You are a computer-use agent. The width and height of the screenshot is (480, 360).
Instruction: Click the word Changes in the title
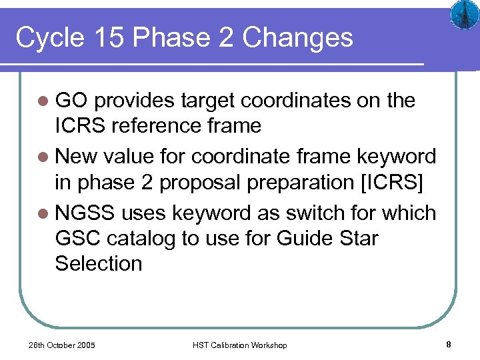297,38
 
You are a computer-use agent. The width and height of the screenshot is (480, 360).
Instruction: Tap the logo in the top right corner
461,15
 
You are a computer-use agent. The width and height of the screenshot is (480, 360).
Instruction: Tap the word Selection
99,263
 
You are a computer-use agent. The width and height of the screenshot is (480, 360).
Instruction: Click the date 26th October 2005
61,345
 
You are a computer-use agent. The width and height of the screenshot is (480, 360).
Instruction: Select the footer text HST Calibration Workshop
239,345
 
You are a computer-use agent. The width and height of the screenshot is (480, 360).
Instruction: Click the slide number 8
449,345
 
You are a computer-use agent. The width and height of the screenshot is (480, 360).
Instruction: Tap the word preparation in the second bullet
303,181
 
